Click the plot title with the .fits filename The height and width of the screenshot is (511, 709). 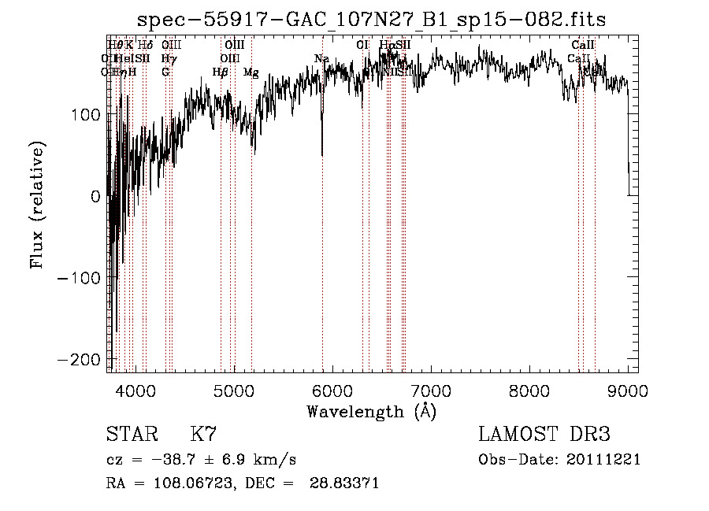coord(372,20)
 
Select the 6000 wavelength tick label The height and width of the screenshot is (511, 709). coord(332,390)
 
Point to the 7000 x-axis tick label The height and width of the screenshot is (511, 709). coord(431,390)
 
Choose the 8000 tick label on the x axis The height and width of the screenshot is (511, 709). coord(529,390)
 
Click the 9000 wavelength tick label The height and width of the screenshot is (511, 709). coord(628,390)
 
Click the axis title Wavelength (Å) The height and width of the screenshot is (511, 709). coord(371,411)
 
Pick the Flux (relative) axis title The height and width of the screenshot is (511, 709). coord(37,205)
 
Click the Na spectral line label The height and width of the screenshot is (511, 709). coord(321,59)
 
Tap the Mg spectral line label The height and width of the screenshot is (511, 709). coord(251,72)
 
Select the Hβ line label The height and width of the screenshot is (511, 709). coord(221,72)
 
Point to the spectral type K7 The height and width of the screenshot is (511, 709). coord(203,435)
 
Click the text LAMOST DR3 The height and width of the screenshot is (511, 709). coord(544,435)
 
